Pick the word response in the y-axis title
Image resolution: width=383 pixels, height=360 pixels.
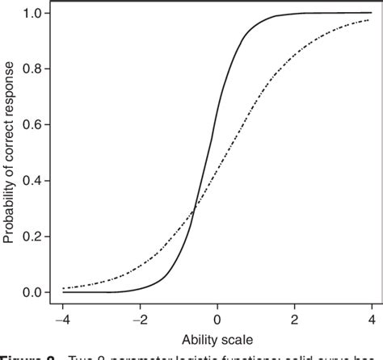tap(10, 86)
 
